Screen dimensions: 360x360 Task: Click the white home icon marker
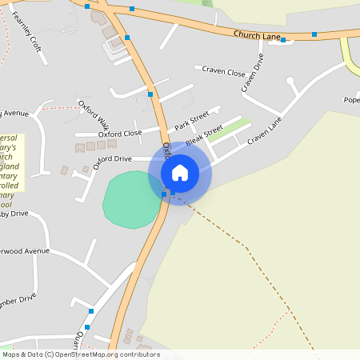point(180,172)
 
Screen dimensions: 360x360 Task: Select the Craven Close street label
point(223,72)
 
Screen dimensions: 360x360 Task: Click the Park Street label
point(191,122)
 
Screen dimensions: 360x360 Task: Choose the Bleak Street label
point(203,136)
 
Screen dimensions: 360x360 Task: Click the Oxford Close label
point(120,133)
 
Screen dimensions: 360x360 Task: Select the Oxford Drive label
point(112,159)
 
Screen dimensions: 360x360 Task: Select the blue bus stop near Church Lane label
point(314,34)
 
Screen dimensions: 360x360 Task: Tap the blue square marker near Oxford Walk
point(150,94)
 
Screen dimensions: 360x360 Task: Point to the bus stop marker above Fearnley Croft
point(86,6)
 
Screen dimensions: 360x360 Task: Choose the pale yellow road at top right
point(350,56)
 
